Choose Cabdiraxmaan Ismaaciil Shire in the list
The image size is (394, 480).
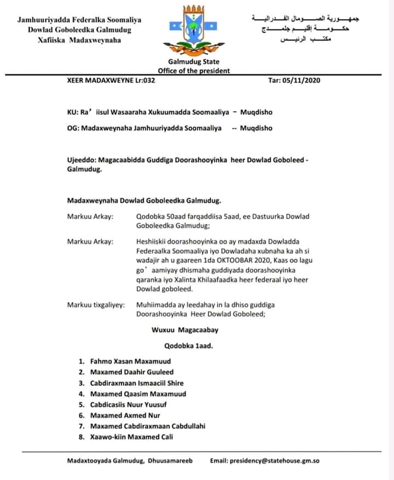pyautogui.click(x=137, y=383)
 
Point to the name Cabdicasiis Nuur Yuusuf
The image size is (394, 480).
pyautogui.click(x=128, y=404)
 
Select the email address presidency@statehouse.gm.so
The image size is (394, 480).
pyautogui.click(x=274, y=461)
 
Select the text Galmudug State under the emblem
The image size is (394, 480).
pyautogui.click(x=194, y=62)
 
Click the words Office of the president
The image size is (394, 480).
pyautogui.click(x=194, y=71)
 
